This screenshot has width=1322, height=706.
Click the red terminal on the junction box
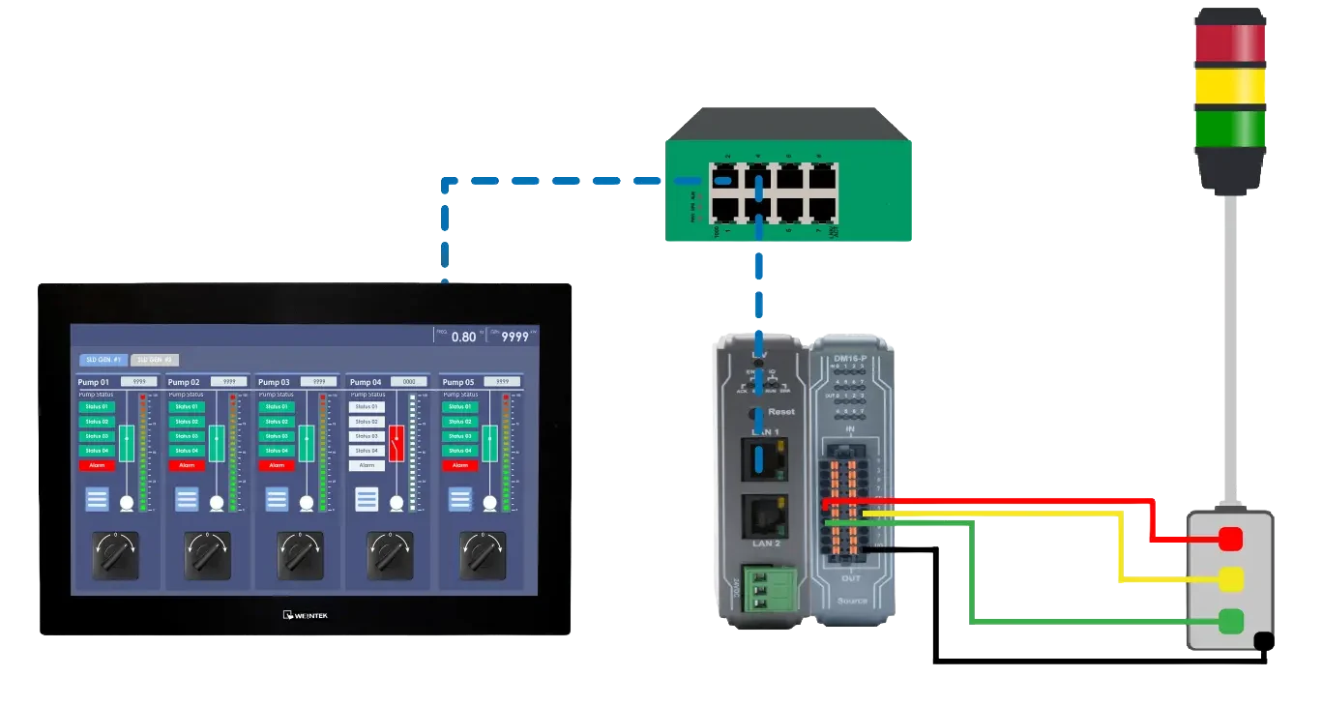pyautogui.click(x=1230, y=539)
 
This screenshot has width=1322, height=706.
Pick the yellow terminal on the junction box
pyautogui.click(x=1230, y=579)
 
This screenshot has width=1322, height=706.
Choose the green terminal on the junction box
pyautogui.click(x=1230, y=621)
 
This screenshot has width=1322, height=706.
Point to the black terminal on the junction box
pyautogui.click(x=1262, y=641)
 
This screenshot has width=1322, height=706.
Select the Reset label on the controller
pyautogui.click(x=779, y=412)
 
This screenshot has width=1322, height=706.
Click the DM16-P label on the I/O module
pyautogui.click(x=850, y=359)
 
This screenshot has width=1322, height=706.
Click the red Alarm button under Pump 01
pyautogui.click(x=97, y=465)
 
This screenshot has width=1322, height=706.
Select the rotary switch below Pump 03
pyautogui.click(x=301, y=555)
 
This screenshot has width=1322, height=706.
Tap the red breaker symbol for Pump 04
pyautogui.click(x=397, y=443)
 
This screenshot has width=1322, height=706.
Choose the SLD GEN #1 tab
pyautogui.click(x=102, y=360)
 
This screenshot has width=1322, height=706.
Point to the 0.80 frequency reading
pyautogui.click(x=463, y=338)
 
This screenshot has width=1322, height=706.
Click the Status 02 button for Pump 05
pyautogui.click(x=460, y=422)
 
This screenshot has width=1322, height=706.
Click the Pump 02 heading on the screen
pyautogui.click(x=184, y=382)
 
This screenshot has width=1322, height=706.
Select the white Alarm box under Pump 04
pyautogui.click(x=367, y=465)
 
